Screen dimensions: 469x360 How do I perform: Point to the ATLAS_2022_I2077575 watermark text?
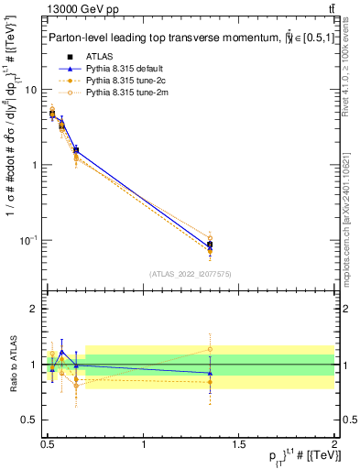point(191,273)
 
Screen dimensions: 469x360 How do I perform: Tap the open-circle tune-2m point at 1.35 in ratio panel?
point(211,349)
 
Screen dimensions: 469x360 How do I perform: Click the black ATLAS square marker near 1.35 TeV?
point(211,245)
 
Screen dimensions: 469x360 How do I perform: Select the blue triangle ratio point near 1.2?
point(61,352)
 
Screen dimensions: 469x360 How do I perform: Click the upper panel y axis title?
point(12,165)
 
